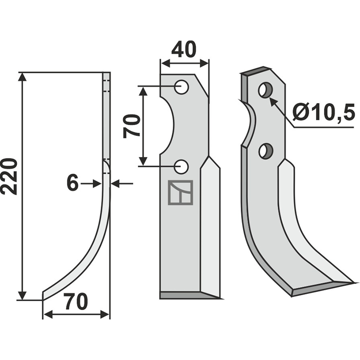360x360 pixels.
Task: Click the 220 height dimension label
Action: pyautogui.click(x=9, y=176)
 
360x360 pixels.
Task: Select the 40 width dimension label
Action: pyautogui.click(x=184, y=49)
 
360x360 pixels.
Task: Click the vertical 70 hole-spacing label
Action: pyautogui.click(x=131, y=126)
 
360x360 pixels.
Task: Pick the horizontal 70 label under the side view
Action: pyautogui.click(x=76, y=301)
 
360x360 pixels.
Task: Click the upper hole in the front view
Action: pyautogui.click(x=181, y=87)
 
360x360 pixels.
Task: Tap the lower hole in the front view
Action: pyautogui.click(x=181, y=166)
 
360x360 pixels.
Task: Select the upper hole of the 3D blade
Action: pyautogui.click(x=265, y=90)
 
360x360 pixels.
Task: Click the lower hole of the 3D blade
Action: pyautogui.click(x=265, y=151)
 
